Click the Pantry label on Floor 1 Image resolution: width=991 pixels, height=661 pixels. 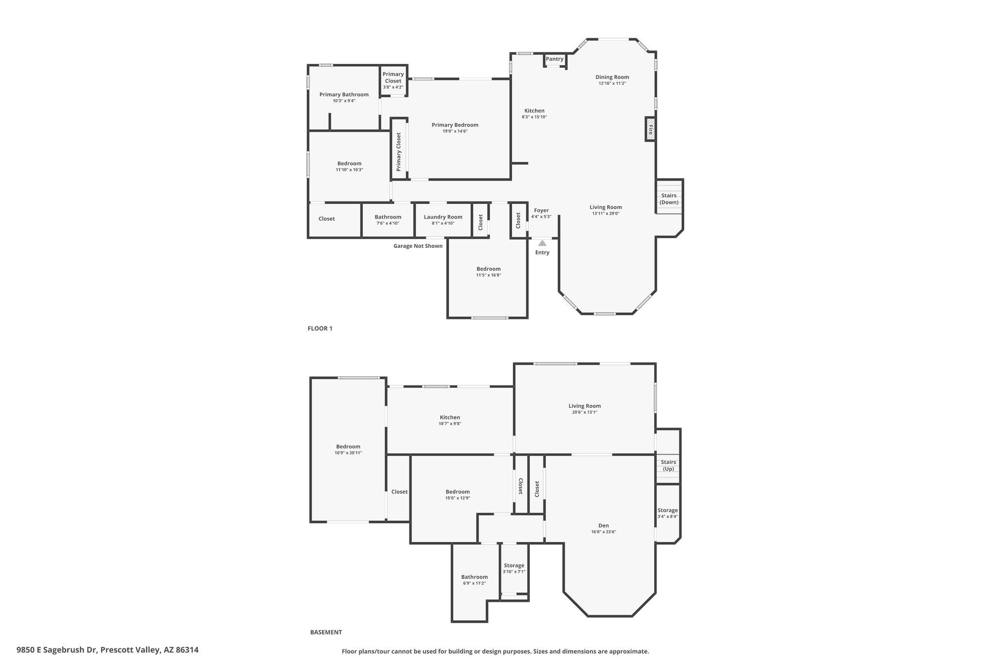(x=555, y=59)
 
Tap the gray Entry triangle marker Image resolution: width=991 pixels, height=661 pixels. (x=542, y=243)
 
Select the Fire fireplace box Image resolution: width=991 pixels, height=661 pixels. (x=650, y=129)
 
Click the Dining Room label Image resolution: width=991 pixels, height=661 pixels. (x=612, y=77)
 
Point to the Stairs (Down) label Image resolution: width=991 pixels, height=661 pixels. (x=669, y=199)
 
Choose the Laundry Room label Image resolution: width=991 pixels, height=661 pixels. (x=443, y=217)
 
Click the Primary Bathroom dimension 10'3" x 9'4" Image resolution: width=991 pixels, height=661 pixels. (x=344, y=101)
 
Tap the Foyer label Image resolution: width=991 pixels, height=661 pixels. (x=541, y=210)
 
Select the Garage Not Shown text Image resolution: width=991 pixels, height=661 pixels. (x=418, y=246)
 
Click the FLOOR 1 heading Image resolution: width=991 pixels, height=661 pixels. (x=320, y=328)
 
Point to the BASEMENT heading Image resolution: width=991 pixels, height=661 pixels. (x=326, y=632)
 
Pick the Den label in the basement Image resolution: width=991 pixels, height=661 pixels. (x=603, y=525)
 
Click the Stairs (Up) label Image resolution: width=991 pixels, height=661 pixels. (x=668, y=465)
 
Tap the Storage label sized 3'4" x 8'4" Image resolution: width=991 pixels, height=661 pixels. (x=667, y=510)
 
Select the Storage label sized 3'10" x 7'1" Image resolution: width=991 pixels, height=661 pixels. (x=514, y=566)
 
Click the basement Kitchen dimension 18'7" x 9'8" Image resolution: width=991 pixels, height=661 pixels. (x=450, y=424)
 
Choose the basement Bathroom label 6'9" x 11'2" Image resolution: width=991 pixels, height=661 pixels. (x=474, y=577)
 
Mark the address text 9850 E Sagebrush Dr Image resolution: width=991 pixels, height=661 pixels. (x=57, y=650)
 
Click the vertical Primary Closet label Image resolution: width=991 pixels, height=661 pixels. (x=399, y=152)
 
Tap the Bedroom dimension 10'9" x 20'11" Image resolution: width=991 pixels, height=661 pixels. (x=348, y=453)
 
